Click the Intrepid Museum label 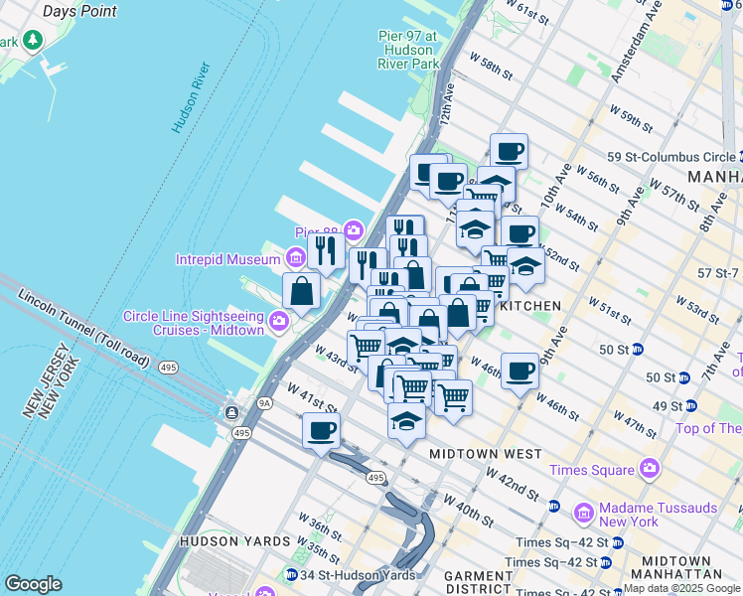coord(228,260)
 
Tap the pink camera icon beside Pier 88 coord(354,232)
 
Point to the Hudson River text coord(191,98)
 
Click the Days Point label coord(79,11)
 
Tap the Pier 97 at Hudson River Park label coord(407,50)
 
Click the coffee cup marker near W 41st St coord(321,431)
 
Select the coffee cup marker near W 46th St coord(520,372)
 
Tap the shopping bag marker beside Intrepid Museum coord(301,292)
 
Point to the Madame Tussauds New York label coord(657,515)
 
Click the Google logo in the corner coord(34,584)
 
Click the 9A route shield coord(264,403)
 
